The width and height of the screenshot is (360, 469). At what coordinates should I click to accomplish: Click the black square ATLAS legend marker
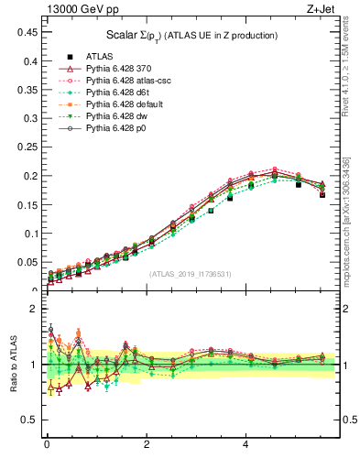(57, 57)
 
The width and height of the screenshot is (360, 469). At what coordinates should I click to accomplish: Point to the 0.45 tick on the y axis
(26, 32)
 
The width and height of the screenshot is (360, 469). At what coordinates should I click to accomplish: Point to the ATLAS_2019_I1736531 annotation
(191, 274)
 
